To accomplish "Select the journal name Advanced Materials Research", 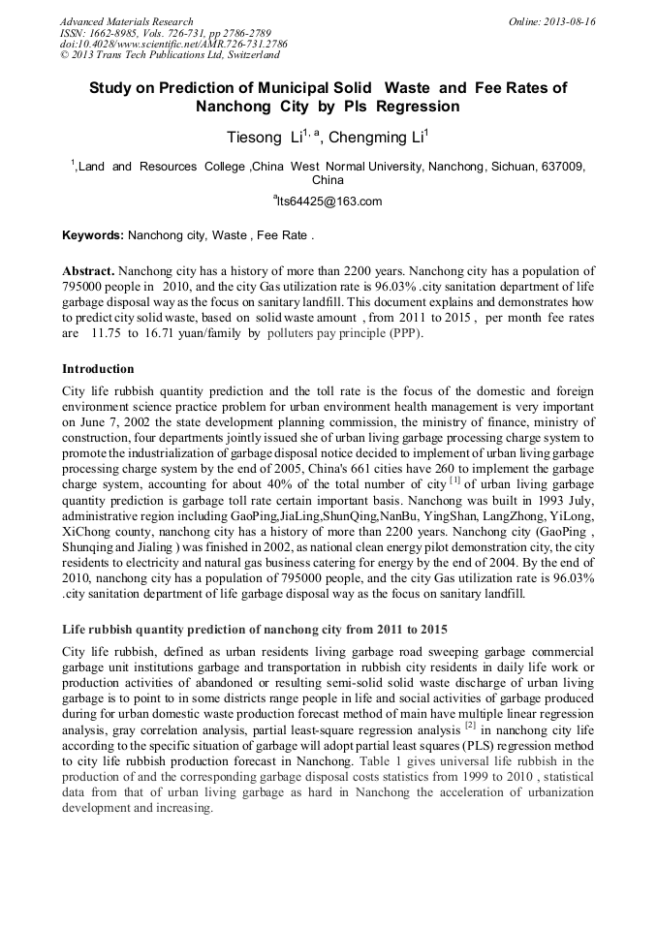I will coord(126,20).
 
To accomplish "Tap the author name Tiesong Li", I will coord(262,137).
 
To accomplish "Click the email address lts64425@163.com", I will coord(329,201).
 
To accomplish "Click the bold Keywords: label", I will coord(93,235).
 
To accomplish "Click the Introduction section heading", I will coord(98,369).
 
